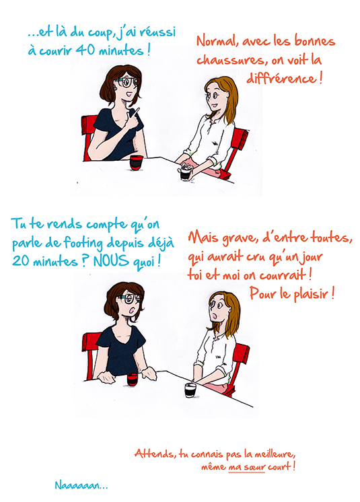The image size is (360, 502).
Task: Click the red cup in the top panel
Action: coord(137,162)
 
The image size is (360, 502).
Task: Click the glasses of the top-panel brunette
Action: coord(127,82)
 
